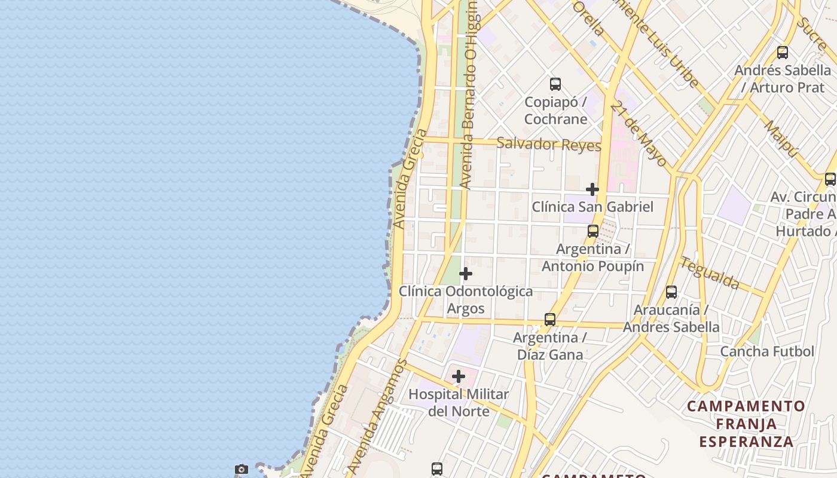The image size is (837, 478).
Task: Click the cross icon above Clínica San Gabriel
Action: (x=592, y=189)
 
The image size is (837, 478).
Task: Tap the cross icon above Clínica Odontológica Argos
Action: (x=466, y=274)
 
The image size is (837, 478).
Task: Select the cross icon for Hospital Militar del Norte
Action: (x=459, y=377)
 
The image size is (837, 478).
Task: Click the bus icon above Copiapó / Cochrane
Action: (x=555, y=84)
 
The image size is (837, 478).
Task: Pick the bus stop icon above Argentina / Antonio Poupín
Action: (x=593, y=231)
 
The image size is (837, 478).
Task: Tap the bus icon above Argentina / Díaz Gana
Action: (x=550, y=320)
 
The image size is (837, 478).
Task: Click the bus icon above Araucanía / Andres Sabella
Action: (x=671, y=292)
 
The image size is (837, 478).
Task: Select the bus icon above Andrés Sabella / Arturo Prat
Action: (x=783, y=53)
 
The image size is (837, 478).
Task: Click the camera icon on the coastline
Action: (x=242, y=470)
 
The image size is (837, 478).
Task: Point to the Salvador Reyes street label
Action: (x=549, y=144)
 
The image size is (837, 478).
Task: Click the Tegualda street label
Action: (x=709, y=272)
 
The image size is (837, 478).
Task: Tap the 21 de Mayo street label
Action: (x=639, y=135)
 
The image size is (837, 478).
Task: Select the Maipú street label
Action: (x=781, y=139)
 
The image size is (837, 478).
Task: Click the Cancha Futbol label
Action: (x=767, y=351)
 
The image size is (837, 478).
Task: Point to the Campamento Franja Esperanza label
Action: (x=746, y=424)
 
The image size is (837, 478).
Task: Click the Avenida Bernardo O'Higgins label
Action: (x=469, y=96)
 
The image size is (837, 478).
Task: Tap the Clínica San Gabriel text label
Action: (x=592, y=207)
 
